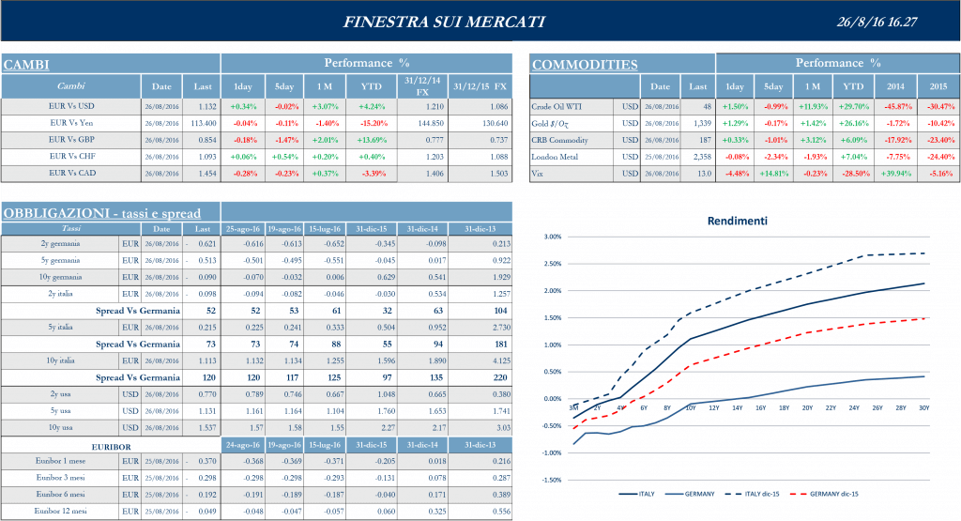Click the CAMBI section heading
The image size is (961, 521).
click(x=27, y=65)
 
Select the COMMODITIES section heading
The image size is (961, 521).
click(x=585, y=65)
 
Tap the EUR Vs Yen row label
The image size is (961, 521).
click(x=70, y=123)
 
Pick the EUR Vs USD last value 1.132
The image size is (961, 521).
click(x=206, y=106)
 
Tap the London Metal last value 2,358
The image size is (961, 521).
click(x=700, y=157)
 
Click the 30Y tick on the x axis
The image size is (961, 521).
click(x=924, y=407)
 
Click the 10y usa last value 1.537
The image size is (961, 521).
click(x=206, y=427)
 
